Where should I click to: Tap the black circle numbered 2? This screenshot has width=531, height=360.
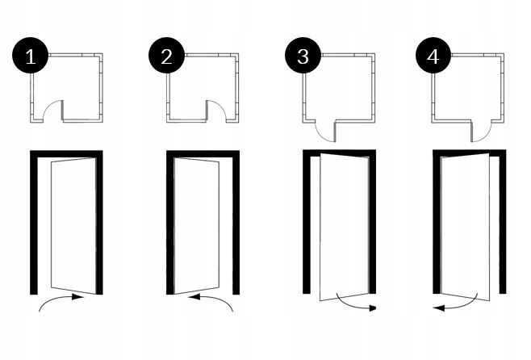pyautogui.click(x=167, y=57)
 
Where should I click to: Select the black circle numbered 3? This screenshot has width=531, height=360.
pyautogui.click(x=303, y=57)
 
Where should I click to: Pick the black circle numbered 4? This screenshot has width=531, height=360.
pyautogui.click(x=433, y=57)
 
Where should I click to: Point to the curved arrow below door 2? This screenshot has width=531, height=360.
pyautogui.click(x=211, y=300)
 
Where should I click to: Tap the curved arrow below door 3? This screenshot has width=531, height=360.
pyautogui.click(x=355, y=304)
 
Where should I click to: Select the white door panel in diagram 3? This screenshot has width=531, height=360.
pyautogui.click(x=344, y=226)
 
